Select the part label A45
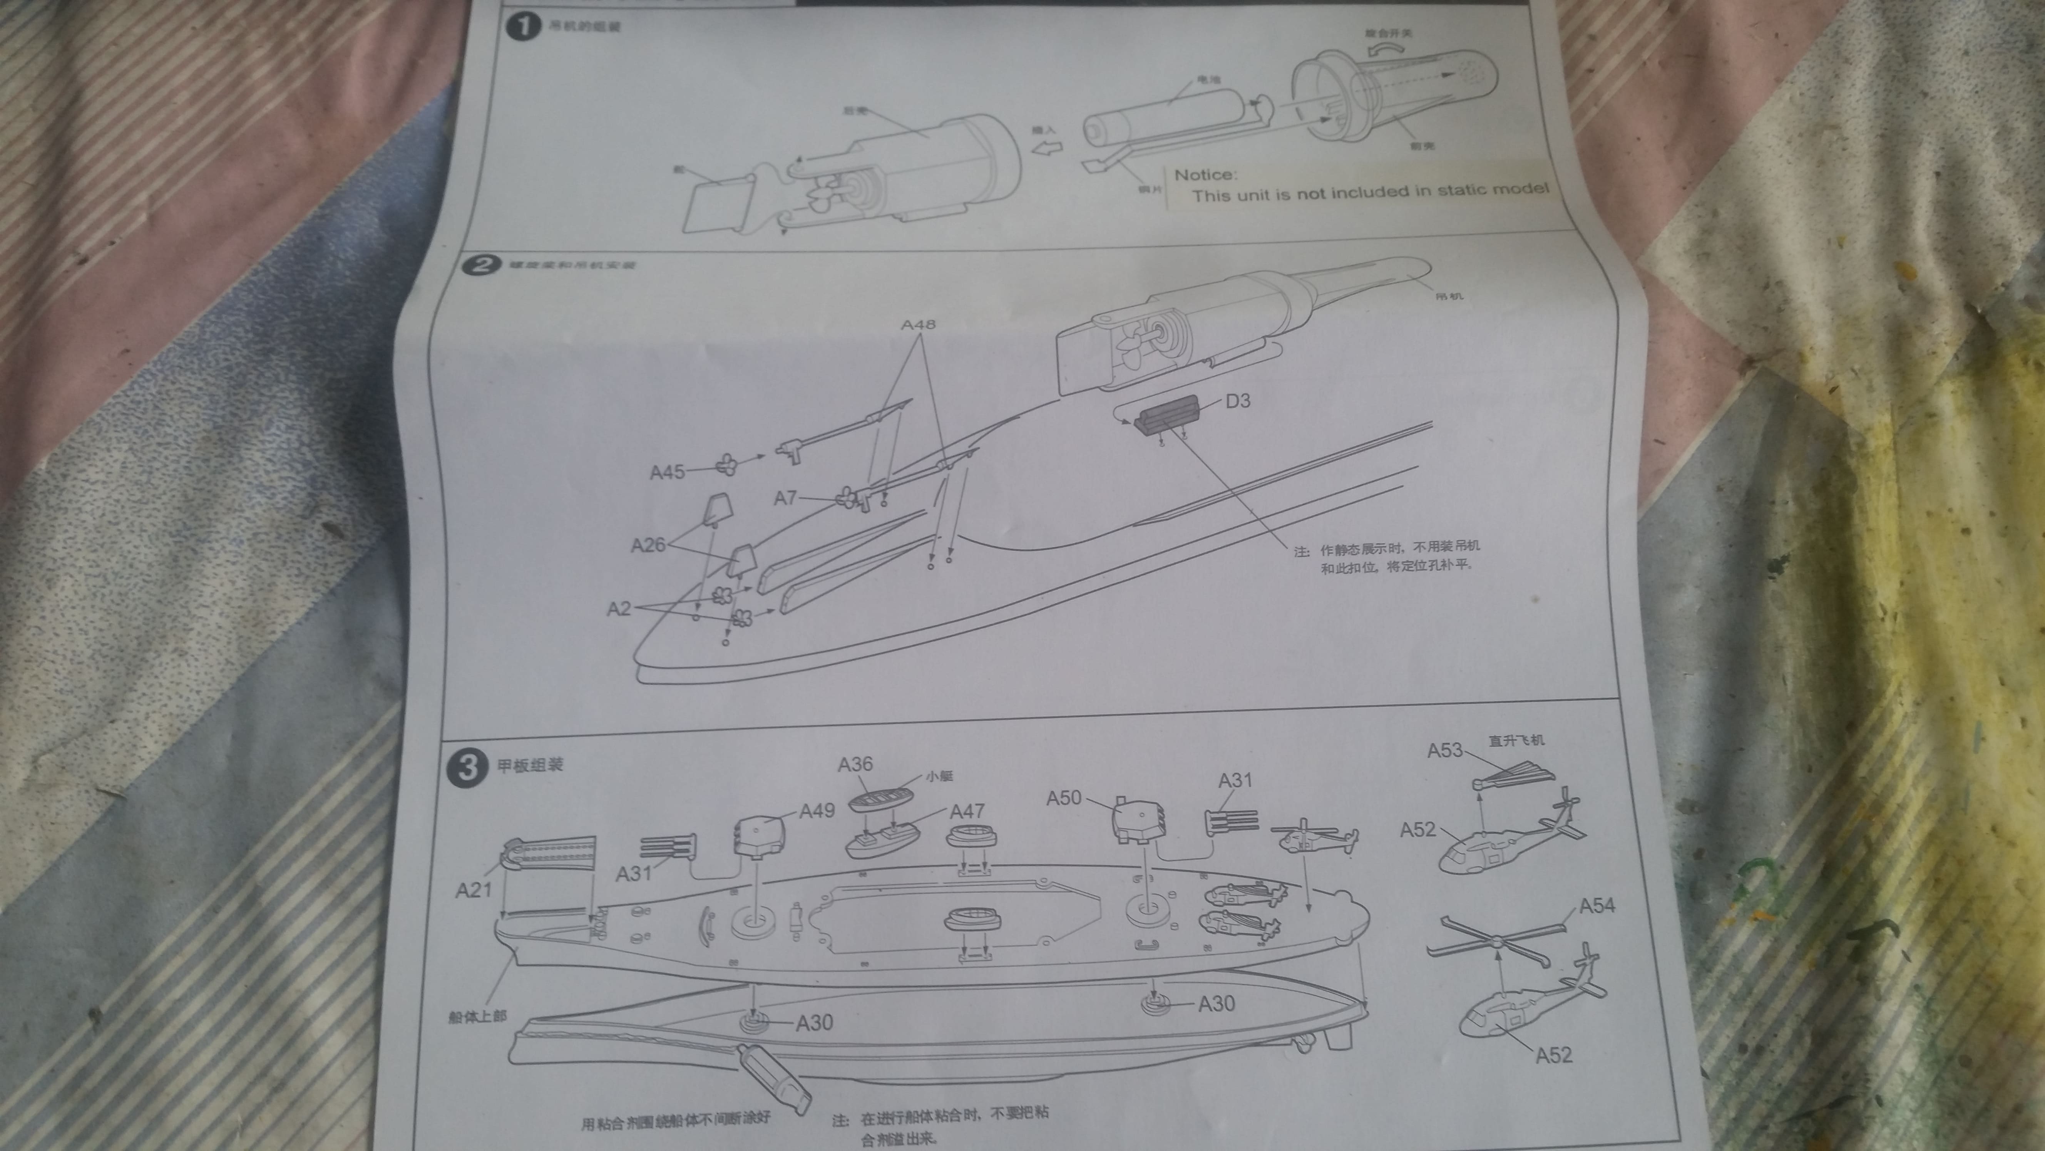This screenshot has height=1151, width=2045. point(667,472)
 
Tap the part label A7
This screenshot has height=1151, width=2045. point(785,498)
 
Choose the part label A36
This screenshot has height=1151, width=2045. point(855,764)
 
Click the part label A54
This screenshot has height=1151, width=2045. point(1597,906)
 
